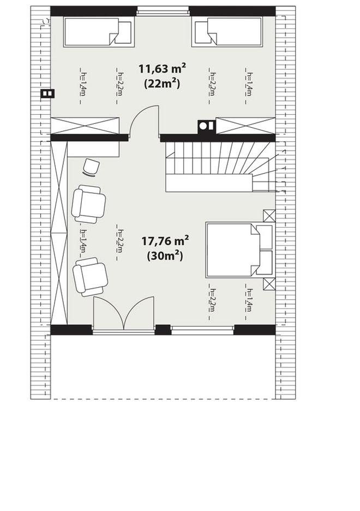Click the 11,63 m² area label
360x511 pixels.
pos(162,69)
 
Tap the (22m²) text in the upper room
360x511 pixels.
pos(162,84)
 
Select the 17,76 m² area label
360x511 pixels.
pos(165,241)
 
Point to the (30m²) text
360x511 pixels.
pos(165,256)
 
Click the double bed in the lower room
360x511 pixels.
pos(239,250)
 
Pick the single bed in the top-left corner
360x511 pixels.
pos(99,32)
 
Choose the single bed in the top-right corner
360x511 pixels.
pos(227,31)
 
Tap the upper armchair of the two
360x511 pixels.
pos(88,204)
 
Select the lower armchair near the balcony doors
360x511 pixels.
pos(90,277)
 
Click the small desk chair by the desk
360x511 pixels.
pos(91,168)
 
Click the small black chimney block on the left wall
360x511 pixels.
pos(47,94)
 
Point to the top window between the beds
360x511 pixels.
pos(163,11)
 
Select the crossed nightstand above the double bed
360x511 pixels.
pos(269,216)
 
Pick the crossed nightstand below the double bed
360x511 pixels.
pos(269,284)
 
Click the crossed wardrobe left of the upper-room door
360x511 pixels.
pos(85,126)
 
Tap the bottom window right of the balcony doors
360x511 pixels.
pos(202,330)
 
